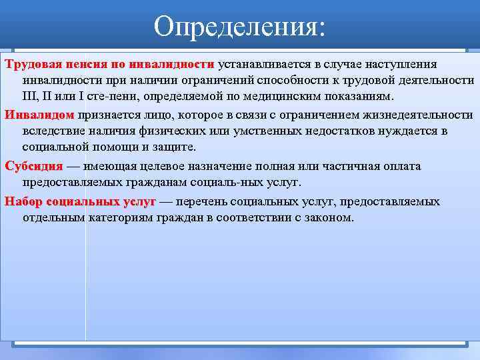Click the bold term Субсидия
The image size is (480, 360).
point(34,166)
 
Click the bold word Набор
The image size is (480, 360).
point(23,201)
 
